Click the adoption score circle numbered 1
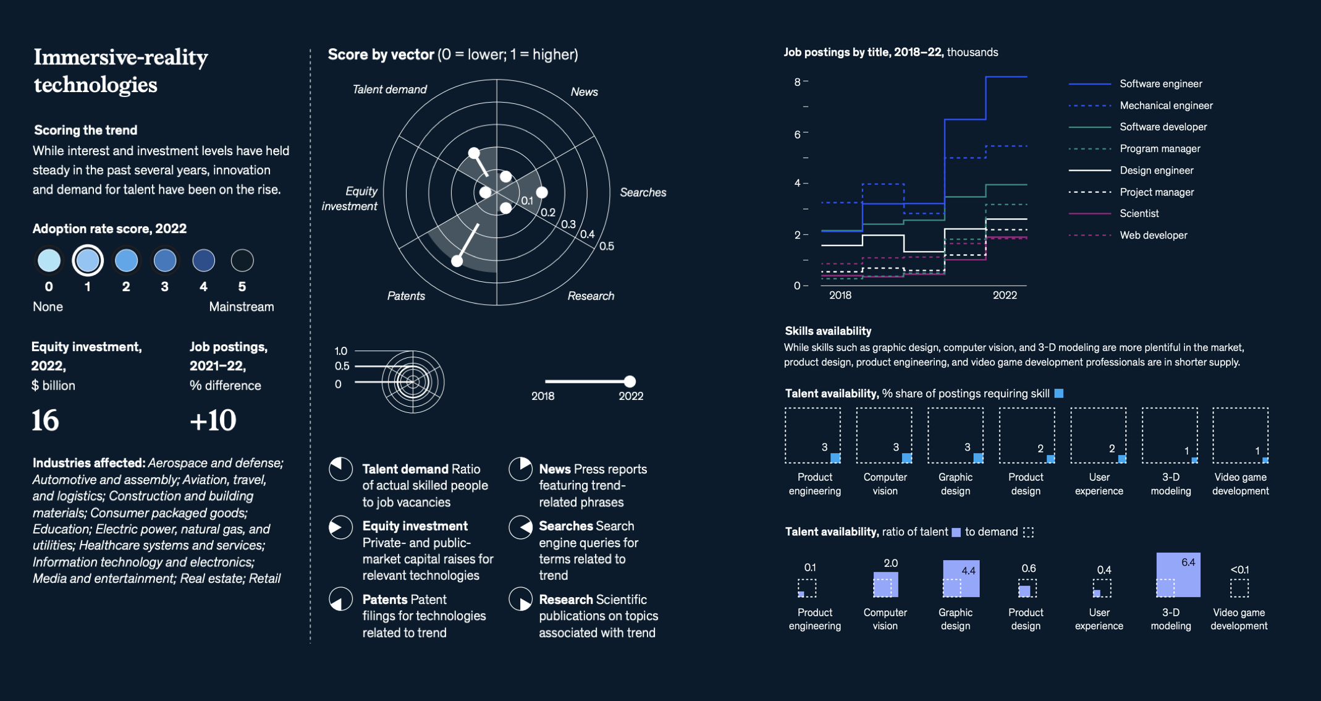[x=87, y=260]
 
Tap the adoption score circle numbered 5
[x=242, y=260]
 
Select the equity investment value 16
[x=45, y=420]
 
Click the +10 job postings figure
[x=213, y=420]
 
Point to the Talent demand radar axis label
[x=389, y=90]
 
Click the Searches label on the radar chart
[x=643, y=193]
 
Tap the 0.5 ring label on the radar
[x=606, y=246]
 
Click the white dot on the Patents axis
[x=457, y=261]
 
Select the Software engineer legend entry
[x=1160, y=84]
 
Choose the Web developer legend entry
[x=1153, y=236]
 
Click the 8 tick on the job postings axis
[x=798, y=82]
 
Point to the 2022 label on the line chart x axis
[x=1005, y=295]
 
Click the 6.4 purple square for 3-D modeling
[x=1178, y=575]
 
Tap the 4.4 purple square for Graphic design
[x=961, y=579]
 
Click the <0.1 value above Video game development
[x=1239, y=569]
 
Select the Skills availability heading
[x=828, y=331]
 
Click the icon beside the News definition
[x=521, y=469]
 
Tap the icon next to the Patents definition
[x=340, y=599]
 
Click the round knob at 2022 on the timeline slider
[x=630, y=381]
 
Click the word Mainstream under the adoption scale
[x=241, y=307]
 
